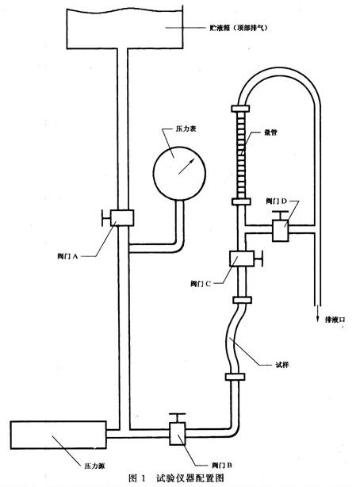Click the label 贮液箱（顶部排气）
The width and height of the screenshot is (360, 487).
[x=238, y=28]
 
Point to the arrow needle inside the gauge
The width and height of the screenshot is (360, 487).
[x=186, y=166]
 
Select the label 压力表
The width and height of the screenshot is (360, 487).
[x=186, y=129]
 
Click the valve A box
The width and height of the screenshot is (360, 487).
[x=122, y=217]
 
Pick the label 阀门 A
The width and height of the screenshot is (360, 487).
[x=67, y=256]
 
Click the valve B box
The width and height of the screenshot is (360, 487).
[x=178, y=434]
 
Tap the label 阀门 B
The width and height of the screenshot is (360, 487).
[x=222, y=466]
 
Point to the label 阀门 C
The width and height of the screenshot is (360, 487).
[x=201, y=284]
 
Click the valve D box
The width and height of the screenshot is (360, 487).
[x=281, y=230]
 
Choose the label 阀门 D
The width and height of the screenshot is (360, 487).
[x=276, y=201]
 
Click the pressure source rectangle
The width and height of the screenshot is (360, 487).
[x=59, y=435]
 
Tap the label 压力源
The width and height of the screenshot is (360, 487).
[x=94, y=466]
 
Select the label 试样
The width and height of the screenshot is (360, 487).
[x=282, y=365]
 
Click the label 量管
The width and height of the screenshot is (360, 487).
[x=270, y=132]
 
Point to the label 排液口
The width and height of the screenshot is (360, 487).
[x=335, y=320]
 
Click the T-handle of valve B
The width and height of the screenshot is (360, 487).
[x=178, y=418]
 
